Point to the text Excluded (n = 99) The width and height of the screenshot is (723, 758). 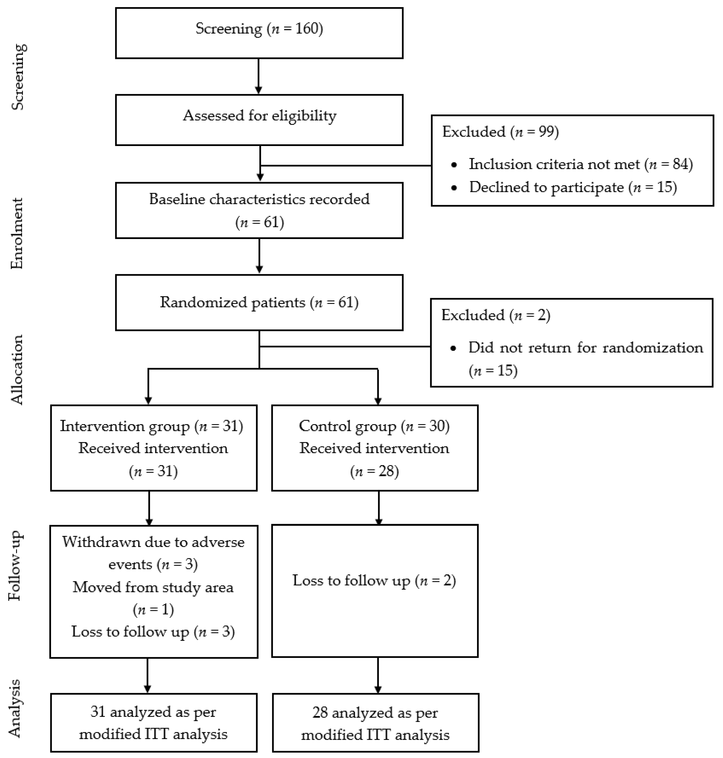click(x=500, y=132)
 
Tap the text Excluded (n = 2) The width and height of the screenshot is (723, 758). click(x=496, y=315)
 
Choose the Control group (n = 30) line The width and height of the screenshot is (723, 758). click(x=374, y=426)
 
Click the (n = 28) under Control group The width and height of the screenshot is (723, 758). click(x=374, y=471)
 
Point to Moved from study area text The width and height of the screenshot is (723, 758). click(x=153, y=587)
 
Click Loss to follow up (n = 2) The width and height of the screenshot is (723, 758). click(x=374, y=580)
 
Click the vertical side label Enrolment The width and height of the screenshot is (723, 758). click(x=17, y=233)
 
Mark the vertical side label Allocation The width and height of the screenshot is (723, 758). click(x=17, y=370)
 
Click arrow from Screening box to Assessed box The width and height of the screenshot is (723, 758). click(x=259, y=76)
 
